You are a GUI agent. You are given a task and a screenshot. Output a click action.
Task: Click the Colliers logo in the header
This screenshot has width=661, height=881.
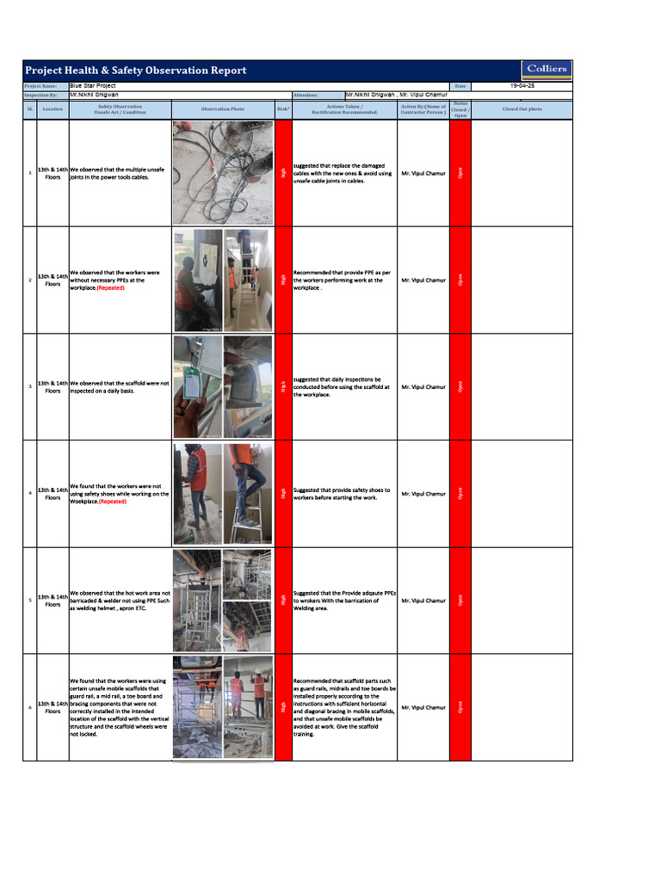[547, 70]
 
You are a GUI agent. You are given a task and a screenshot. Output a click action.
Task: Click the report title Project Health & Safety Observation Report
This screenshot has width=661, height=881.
[135, 71]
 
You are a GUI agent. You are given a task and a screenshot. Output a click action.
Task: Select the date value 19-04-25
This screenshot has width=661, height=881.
[522, 86]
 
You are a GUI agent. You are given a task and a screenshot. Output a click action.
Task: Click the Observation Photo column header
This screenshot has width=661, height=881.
[222, 109]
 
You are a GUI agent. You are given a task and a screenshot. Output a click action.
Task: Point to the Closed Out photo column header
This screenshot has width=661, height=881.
[522, 109]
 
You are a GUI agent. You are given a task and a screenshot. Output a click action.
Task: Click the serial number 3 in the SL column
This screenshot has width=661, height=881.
[30, 387]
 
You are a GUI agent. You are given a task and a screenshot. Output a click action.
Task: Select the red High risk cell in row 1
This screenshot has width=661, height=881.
[283, 173]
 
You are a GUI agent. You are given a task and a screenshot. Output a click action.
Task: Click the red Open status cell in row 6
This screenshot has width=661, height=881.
[460, 707]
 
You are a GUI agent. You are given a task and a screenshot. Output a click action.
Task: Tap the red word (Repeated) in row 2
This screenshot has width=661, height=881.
[111, 288]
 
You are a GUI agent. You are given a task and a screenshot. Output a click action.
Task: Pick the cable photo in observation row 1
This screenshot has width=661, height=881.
[222, 171]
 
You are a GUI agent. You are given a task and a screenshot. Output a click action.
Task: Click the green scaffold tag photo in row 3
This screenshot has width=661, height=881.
[196, 386]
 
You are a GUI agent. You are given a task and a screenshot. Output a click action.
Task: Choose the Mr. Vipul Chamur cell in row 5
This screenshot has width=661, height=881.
[423, 601]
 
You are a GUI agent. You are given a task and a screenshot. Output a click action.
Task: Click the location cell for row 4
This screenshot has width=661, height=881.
[53, 494]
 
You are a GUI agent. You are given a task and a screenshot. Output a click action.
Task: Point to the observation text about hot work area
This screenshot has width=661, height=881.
[120, 601]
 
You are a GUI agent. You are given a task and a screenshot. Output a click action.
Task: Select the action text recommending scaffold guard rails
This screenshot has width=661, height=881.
[344, 707]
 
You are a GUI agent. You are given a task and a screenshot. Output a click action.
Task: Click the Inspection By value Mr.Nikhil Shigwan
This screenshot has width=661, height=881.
[95, 95]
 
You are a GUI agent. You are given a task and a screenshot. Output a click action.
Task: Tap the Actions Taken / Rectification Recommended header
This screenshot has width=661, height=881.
[344, 109]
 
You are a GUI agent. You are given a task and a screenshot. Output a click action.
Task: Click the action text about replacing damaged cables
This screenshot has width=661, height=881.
[343, 173]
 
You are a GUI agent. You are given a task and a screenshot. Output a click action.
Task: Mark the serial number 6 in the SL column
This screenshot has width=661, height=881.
[30, 707]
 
